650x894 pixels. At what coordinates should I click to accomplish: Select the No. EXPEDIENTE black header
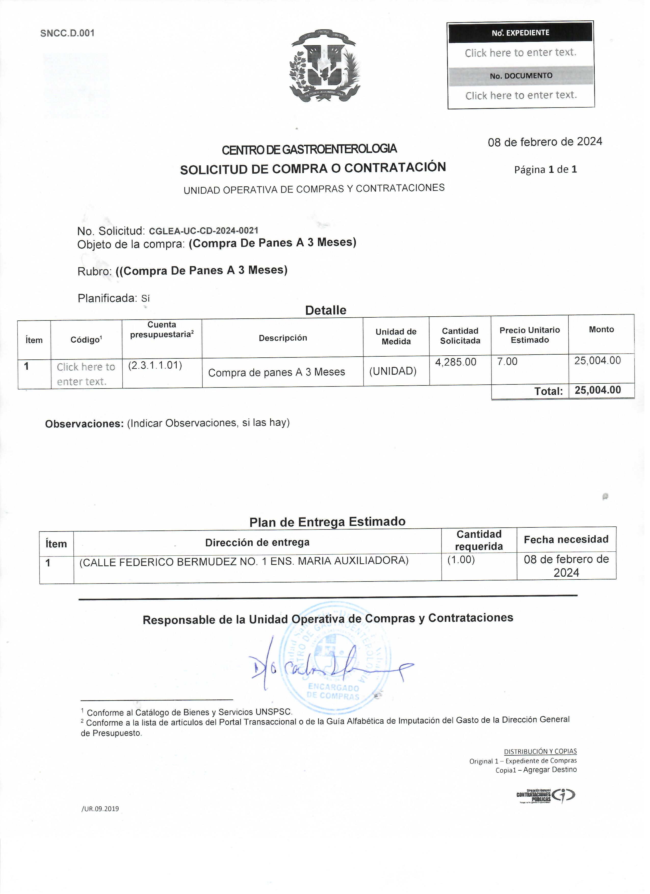click(x=524, y=33)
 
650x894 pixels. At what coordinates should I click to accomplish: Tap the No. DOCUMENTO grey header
click(x=525, y=76)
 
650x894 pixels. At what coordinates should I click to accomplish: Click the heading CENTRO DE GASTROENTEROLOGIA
click(x=312, y=150)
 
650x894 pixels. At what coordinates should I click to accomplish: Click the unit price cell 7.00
click(x=511, y=365)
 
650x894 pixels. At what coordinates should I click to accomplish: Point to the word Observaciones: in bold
click(x=85, y=427)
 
